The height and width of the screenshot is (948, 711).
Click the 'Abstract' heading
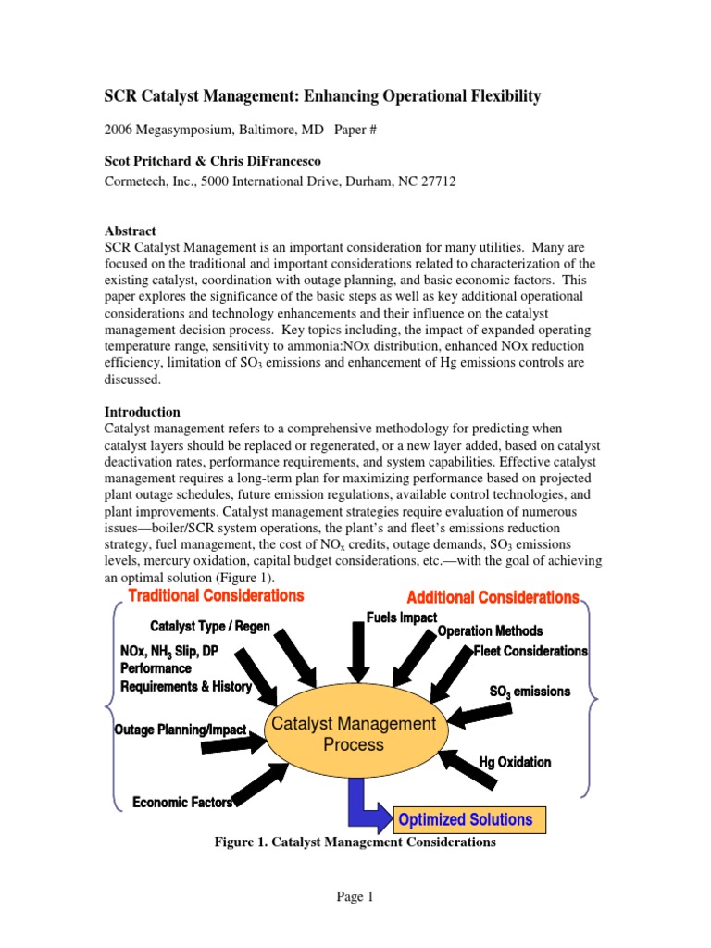[x=130, y=231]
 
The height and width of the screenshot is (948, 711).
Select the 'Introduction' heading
[x=142, y=411]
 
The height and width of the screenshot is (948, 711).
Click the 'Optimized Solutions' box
[x=465, y=819]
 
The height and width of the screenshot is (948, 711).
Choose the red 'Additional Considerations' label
[x=493, y=598]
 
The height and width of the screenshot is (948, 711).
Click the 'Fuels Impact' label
[x=401, y=617]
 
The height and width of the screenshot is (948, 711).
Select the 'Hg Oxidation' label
[x=515, y=762]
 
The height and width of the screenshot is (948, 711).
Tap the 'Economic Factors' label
[x=181, y=802]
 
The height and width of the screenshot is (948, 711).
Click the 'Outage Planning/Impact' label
[x=180, y=730]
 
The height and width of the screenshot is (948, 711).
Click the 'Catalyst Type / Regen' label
[x=210, y=627]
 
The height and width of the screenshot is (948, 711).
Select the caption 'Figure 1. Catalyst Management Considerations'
[x=355, y=842]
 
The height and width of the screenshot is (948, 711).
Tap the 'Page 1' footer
[x=355, y=896]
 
